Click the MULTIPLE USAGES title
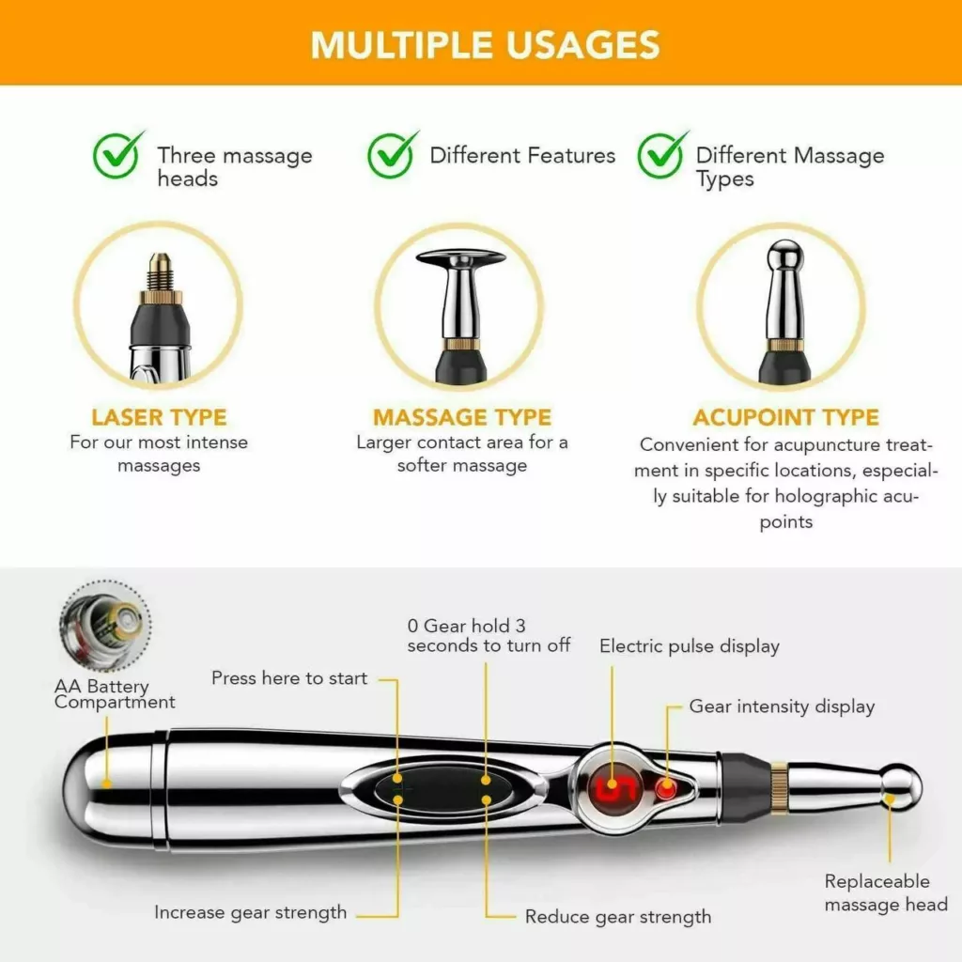(486, 45)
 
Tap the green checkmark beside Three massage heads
(117, 155)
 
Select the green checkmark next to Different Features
(392, 155)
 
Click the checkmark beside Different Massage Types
(662, 155)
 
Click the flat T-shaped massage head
(460, 258)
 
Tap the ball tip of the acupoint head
(784, 252)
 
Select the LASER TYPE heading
(159, 417)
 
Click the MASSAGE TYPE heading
(462, 417)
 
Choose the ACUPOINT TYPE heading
(786, 417)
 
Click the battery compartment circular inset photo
(105, 625)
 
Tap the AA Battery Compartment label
(115, 694)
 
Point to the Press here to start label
(289, 678)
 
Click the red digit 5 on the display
(613, 787)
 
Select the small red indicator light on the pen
(665, 788)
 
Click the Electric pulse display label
(690, 646)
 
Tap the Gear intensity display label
(782, 706)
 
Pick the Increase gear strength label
(250, 913)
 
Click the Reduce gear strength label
(618, 917)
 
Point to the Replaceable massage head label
(886, 892)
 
